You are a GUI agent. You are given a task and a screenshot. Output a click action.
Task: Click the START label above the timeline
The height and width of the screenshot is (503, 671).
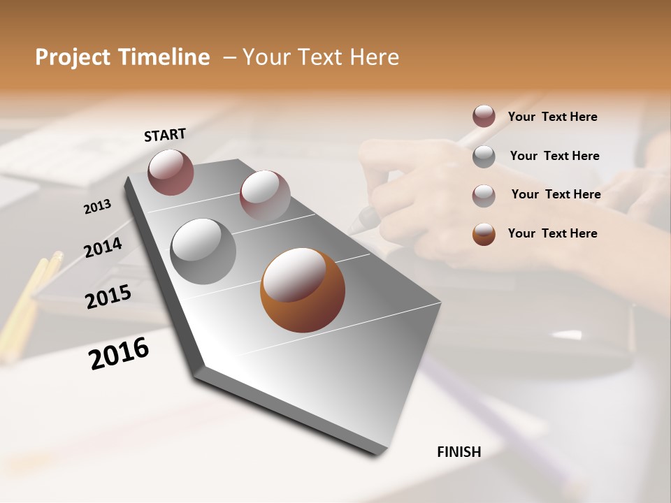tap(165, 135)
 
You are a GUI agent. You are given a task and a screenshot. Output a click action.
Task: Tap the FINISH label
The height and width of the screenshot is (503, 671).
tap(459, 452)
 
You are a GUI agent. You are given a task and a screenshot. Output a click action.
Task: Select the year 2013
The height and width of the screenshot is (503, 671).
tap(98, 207)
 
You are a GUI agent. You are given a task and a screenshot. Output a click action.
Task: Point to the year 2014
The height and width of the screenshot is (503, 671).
tap(103, 247)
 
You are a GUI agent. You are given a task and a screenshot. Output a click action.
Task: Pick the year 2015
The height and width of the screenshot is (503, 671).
tap(108, 297)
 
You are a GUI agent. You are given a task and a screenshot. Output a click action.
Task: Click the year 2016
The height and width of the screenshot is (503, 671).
tap(119, 353)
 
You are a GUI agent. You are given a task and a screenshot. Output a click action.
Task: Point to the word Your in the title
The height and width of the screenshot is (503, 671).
tap(265, 57)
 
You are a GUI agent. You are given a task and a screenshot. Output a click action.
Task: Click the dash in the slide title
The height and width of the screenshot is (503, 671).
tap(229, 58)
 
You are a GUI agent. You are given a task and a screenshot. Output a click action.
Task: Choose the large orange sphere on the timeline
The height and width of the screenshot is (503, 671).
tap(303, 290)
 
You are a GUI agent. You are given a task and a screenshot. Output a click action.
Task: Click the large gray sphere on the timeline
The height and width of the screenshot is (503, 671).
tap(203, 251)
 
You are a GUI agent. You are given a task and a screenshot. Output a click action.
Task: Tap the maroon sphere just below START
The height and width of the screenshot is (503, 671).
tap(171, 172)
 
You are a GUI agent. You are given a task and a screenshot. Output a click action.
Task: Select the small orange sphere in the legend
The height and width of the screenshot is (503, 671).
tap(484, 234)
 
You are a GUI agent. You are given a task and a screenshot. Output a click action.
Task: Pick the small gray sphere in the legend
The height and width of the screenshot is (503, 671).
tap(484, 156)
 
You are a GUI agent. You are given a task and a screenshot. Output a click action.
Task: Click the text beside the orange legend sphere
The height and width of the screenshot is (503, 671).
tap(552, 233)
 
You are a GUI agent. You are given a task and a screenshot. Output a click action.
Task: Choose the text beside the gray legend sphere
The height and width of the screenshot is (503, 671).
tap(554, 156)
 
